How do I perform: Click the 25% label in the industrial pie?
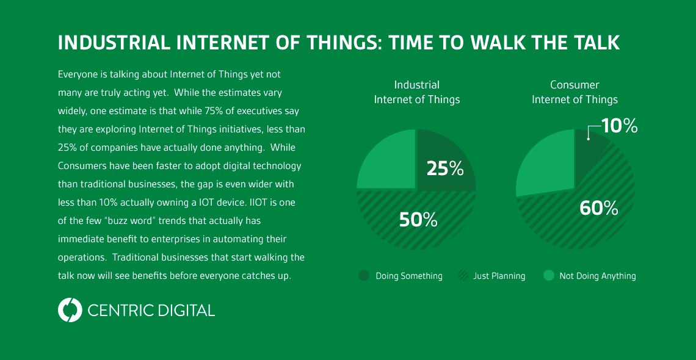445,168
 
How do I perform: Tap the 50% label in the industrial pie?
418,220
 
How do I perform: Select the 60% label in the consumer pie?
598,208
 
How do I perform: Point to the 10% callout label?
619,126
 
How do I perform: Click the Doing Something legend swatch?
364,276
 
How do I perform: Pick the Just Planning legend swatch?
463,276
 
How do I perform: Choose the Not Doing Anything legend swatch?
549,276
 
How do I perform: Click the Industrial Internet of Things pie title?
416,92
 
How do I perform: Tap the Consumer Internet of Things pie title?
575,92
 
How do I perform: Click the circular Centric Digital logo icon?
70,310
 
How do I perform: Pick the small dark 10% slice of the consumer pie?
589,143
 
